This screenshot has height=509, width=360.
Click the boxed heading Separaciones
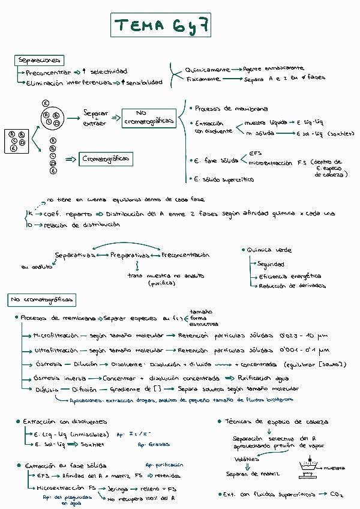[x=39, y=60]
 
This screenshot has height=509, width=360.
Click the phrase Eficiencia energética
[x=290, y=277]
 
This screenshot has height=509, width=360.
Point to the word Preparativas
[x=129, y=255]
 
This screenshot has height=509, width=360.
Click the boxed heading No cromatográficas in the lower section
[x=41, y=299]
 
